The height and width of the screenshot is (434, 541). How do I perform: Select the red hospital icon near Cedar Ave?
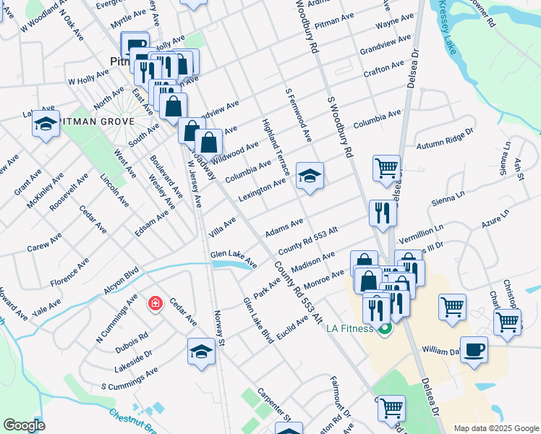pyautogui.click(x=155, y=303)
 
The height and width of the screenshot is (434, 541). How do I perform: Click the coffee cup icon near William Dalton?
pyautogui.click(x=474, y=349)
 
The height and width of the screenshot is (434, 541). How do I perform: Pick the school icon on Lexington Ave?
pyautogui.click(x=310, y=176)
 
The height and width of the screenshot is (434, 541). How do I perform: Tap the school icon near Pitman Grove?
pyautogui.click(x=46, y=124)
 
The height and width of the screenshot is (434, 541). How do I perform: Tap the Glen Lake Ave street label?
pyautogui.click(x=234, y=258)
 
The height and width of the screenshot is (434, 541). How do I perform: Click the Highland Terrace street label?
pyautogui.click(x=276, y=147)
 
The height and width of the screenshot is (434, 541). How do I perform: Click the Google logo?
pyautogui.click(x=23, y=425)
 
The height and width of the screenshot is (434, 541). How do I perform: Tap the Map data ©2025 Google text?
pyautogui.click(x=496, y=428)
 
